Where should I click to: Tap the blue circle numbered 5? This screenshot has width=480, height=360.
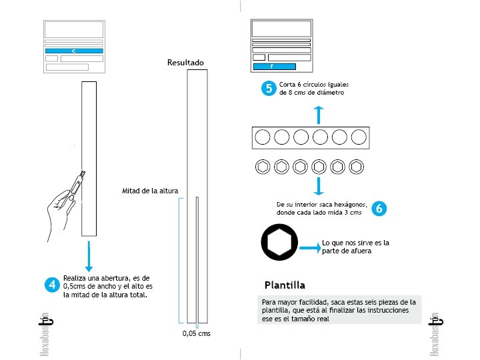tap(268, 89)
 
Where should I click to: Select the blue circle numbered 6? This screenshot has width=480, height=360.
tap(379, 208)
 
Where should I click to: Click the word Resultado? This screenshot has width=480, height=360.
tap(185, 63)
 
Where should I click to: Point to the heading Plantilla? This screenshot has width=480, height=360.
tap(285, 285)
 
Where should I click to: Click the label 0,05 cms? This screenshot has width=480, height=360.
tap(196, 333)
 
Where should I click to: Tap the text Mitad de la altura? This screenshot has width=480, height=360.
tap(150, 191)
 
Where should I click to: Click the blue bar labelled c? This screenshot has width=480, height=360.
tap(73, 51)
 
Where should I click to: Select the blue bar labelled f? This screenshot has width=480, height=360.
tap(274, 67)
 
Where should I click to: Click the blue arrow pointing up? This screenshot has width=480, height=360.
tap(319, 114)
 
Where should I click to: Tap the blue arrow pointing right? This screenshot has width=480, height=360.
tap(309, 248)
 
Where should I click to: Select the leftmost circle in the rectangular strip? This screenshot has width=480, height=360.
tap(263, 137)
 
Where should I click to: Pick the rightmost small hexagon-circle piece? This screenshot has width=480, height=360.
tap(358, 166)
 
